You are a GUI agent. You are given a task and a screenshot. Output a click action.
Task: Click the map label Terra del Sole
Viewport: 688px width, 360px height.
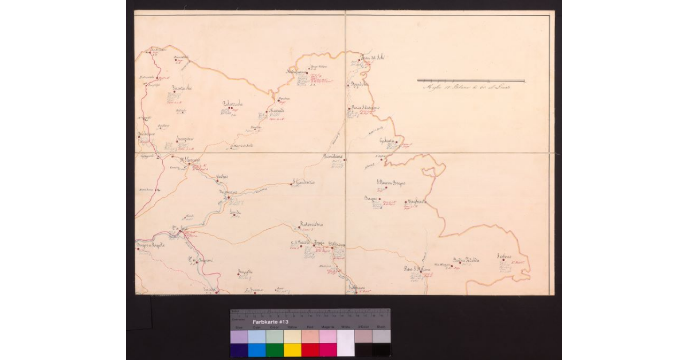(371, 57)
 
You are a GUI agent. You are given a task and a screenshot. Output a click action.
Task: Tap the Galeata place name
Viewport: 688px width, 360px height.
(388, 142)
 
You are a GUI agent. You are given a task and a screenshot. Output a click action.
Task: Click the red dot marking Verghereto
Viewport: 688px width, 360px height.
(405, 202)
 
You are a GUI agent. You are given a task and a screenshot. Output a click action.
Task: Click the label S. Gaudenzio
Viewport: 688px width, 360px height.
(304, 183)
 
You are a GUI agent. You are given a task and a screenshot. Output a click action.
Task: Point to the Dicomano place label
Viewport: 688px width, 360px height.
(228, 193)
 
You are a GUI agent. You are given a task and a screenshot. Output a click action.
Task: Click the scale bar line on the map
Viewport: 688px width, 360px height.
(470, 80)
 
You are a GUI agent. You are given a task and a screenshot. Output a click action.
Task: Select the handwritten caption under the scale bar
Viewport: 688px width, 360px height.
(466, 87)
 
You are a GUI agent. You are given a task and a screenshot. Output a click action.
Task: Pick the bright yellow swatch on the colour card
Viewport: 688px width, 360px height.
(292, 350)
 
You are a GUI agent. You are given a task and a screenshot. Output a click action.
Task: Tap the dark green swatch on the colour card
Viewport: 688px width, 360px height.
(275, 350)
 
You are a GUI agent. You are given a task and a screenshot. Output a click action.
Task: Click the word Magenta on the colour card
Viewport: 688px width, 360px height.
(328, 327)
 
